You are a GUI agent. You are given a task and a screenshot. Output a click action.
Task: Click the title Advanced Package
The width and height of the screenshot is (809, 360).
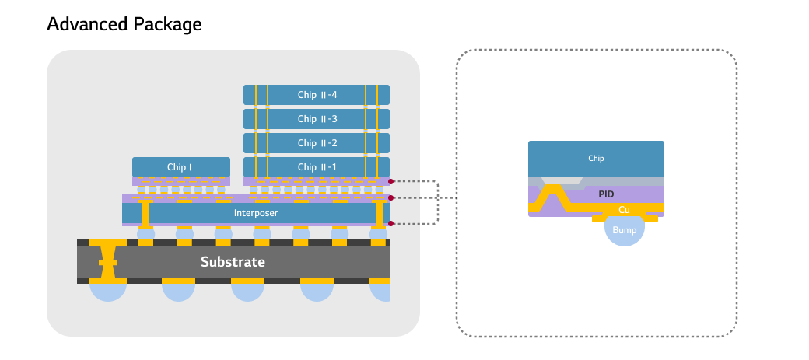coord(124,24)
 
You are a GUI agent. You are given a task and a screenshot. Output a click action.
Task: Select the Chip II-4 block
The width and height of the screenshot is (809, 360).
coord(317,95)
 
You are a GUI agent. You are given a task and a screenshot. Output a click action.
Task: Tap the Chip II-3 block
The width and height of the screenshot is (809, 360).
coord(317,119)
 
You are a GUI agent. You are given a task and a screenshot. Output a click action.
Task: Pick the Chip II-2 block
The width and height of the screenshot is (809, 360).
coord(317,143)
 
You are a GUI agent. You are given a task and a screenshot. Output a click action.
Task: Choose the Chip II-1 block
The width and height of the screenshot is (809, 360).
coord(317,167)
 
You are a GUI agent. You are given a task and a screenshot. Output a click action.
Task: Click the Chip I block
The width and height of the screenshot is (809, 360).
coord(180,167)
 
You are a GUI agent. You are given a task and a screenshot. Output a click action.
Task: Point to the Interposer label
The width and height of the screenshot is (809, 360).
coord(256,212)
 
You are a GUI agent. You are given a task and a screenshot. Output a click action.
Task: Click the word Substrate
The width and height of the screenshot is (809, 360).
coord(233,262)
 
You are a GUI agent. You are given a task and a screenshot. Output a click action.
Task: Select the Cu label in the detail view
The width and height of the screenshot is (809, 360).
coord(624,210)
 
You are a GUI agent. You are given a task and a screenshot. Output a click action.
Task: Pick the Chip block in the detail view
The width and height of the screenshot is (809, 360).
coord(596,159)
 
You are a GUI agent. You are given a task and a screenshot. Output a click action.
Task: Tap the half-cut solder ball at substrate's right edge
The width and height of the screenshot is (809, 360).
coord(381,292)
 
